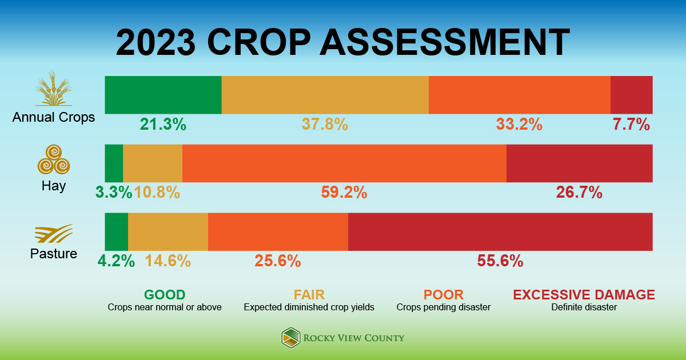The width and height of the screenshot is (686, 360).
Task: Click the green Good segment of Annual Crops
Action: tap(163, 95)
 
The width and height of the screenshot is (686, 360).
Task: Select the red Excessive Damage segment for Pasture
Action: tap(500, 232)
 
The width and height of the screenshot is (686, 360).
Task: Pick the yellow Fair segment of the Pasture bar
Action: tap(168, 232)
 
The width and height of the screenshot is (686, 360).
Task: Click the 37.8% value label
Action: tap(325, 124)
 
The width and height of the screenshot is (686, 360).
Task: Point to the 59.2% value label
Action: tap(344, 193)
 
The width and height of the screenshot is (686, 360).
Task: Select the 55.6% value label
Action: tap(500, 261)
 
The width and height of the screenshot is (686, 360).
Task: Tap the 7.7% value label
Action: tap(631, 124)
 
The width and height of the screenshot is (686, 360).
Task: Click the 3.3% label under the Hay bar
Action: tap(114, 193)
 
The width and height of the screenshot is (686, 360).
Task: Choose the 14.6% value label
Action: tap(167, 261)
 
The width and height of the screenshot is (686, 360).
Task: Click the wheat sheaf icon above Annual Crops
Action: tap(54, 89)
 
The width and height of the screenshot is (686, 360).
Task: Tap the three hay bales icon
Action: tap(54, 159)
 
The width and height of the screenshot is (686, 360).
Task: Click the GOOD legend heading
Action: tap(165, 295)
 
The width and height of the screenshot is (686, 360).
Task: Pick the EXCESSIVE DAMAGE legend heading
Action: tap(584, 295)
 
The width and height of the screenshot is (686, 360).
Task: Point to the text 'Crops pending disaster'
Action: tap(444, 307)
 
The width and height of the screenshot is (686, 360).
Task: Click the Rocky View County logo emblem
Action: tap(291, 338)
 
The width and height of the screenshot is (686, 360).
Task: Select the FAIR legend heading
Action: tap(309, 295)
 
